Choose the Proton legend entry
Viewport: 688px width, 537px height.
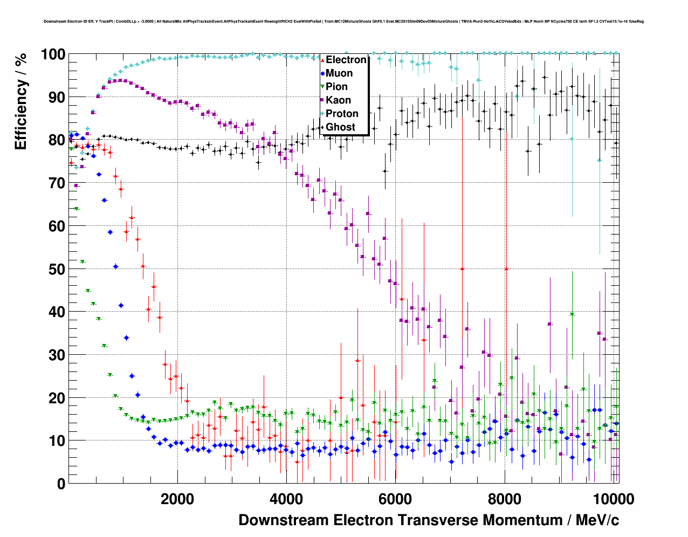tap(342, 114)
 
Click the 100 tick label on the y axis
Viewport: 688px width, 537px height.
tap(53, 54)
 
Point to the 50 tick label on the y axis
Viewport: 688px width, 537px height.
tap(57, 269)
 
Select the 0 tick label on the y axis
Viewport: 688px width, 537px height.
tap(61, 484)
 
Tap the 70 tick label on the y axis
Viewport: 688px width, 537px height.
tap(57, 183)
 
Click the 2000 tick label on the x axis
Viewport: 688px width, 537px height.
tap(177, 499)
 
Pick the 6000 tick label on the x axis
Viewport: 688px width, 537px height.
tap(395, 499)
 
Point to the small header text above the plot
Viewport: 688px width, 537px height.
tap(343, 22)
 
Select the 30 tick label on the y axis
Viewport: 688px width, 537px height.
tap(57, 355)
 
